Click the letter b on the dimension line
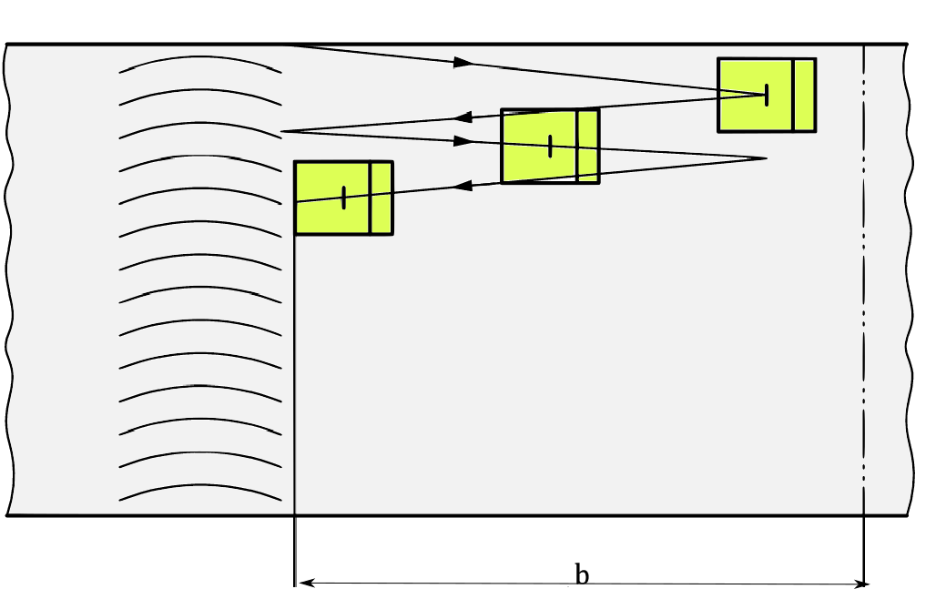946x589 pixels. coord(582,574)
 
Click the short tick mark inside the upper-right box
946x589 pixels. coord(767,94)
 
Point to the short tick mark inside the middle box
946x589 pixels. coord(550,146)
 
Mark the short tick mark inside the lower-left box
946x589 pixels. coord(343,198)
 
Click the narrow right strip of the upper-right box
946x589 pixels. coord(803,95)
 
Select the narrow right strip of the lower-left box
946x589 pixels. coord(381,198)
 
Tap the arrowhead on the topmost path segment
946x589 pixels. coord(463,62)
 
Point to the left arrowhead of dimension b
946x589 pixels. coord(305,583)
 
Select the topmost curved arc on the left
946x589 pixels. coord(200,61)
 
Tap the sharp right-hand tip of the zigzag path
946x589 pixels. coord(765,158)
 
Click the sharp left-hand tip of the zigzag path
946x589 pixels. coord(283,131)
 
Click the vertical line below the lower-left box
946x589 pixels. coord(295,382)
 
